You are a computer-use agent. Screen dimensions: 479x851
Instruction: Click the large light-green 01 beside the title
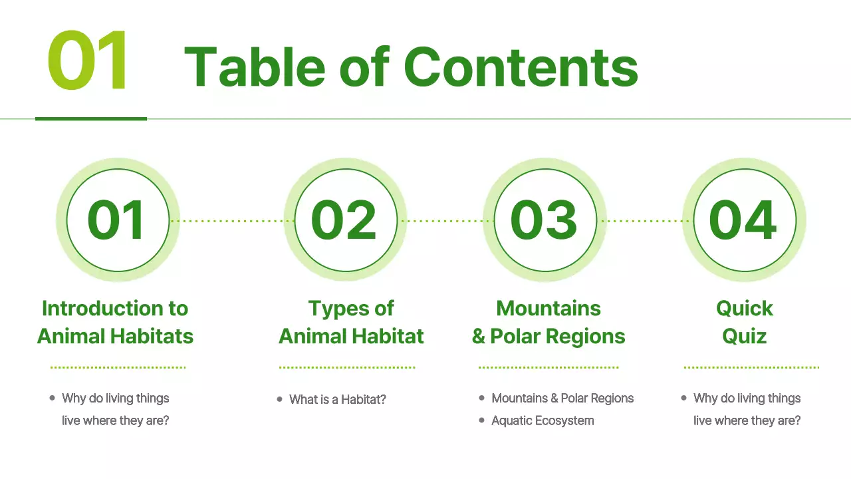pos(88,61)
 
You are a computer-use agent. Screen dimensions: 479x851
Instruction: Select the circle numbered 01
pos(117,220)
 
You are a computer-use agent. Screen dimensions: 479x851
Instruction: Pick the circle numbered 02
pos(345,220)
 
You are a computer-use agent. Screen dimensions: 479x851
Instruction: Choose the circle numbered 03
pos(545,220)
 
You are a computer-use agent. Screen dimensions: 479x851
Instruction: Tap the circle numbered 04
pos(744,220)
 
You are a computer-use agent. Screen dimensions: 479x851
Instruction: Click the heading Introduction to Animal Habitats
pos(115,322)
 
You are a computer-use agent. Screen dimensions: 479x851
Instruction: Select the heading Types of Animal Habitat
pos(351,322)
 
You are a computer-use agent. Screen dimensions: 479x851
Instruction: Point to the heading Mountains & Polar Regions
pos(548,322)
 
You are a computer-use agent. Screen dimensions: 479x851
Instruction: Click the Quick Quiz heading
pos(745,322)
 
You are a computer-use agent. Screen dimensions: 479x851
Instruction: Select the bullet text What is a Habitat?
pos(338,400)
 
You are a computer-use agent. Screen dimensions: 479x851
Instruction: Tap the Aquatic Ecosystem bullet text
pos(543,420)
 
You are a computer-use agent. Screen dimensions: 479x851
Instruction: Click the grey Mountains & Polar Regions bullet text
pos(562,399)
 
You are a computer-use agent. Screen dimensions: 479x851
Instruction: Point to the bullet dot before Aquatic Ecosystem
pos(482,420)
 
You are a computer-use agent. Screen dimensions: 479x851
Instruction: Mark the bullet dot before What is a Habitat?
pos(280,399)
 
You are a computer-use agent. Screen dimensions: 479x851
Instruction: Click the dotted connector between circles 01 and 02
pos(231,221)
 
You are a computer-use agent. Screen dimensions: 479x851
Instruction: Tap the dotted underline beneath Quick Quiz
pos(751,367)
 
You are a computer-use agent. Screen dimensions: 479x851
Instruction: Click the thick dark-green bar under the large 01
pos(91,118)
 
